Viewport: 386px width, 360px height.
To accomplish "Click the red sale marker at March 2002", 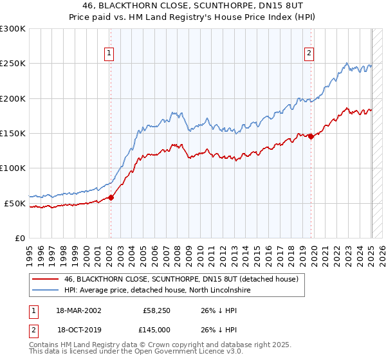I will tap(111, 197).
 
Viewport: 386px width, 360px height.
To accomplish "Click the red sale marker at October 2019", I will tap(311, 136).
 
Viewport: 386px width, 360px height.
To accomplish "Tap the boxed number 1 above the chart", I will tap(110, 53).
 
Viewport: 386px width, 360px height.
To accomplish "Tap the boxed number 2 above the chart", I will tap(309, 53).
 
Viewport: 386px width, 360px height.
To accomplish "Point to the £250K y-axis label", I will tap(13, 64).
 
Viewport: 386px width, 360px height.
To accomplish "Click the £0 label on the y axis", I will tap(19, 238).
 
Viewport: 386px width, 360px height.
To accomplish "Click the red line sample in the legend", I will tap(45, 280).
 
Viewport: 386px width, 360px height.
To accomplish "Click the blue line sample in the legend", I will tap(45, 291).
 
